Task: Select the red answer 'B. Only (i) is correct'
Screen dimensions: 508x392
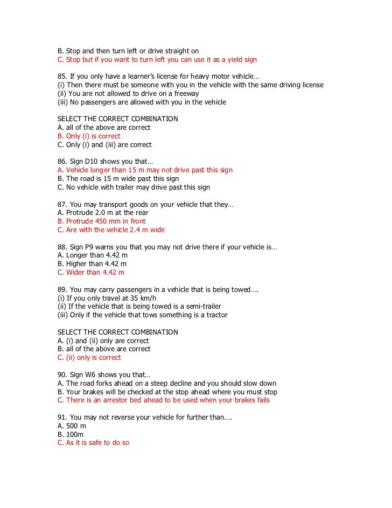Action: pos(89,136)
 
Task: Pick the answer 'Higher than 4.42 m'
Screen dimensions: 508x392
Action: pos(92,264)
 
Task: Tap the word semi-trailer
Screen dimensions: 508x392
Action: pos(188,307)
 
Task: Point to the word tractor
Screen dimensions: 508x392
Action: pos(215,315)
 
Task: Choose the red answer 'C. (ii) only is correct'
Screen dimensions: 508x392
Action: pos(89,358)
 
